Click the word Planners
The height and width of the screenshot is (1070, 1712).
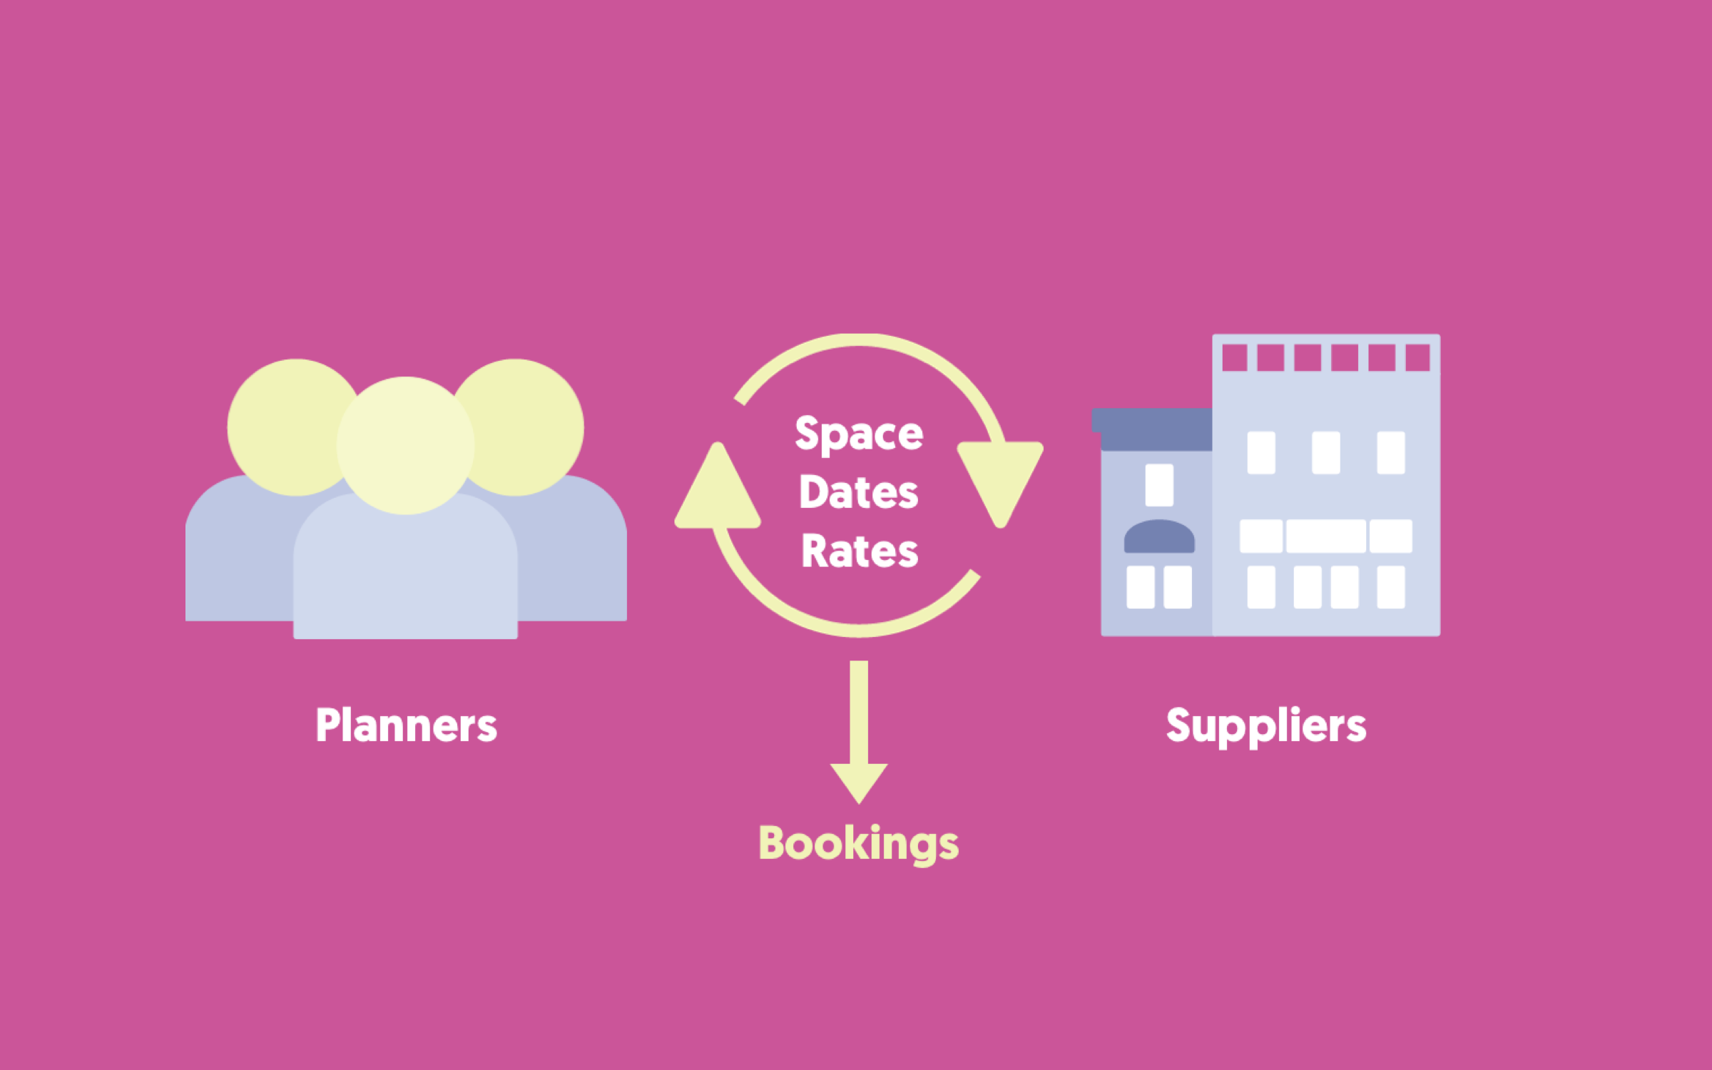(x=406, y=725)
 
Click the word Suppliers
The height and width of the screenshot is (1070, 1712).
(x=1266, y=725)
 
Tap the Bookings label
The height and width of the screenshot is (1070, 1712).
(x=859, y=843)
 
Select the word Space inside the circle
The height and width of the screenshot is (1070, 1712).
(x=859, y=434)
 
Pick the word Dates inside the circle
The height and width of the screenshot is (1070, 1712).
(x=859, y=492)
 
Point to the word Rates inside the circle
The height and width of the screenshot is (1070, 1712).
(x=860, y=551)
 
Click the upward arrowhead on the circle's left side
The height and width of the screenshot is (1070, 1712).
(x=718, y=492)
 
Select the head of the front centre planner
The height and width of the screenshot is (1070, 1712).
(x=405, y=445)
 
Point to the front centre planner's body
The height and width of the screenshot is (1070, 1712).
(x=405, y=571)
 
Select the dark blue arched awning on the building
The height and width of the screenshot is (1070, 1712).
(x=1159, y=536)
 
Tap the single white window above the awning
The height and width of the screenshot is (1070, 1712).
(x=1159, y=485)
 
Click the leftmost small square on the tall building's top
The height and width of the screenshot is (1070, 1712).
(x=1235, y=357)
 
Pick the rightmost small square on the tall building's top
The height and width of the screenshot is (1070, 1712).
(x=1417, y=357)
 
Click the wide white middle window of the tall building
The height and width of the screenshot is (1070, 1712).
(x=1325, y=536)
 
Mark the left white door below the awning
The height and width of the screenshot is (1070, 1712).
(x=1141, y=587)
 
